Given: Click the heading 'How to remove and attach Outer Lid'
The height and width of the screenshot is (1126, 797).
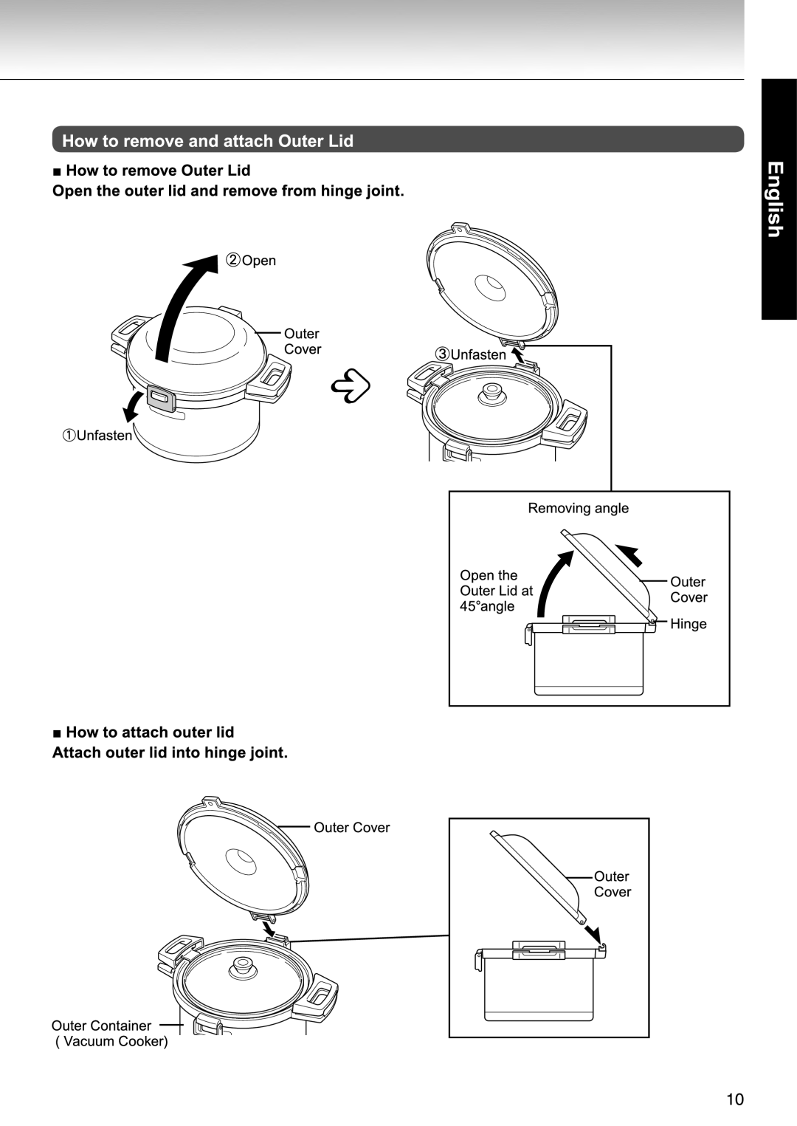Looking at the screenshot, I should pyautogui.click(x=207, y=140).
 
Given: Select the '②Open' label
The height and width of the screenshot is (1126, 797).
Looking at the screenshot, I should pyautogui.click(x=251, y=261).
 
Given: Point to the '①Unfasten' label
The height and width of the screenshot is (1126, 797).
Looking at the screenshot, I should pyautogui.click(x=97, y=436).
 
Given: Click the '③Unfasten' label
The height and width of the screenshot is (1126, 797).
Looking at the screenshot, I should pyautogui.click(x=471, y=354).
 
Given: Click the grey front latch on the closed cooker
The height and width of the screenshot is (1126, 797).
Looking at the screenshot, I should pyautogui.click(x=159, y=397).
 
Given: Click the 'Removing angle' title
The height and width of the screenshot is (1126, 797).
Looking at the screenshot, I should pyautogui.click(x=579, y=508).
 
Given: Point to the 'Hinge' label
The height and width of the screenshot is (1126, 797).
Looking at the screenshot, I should pyautogui.click(x=689, y=624).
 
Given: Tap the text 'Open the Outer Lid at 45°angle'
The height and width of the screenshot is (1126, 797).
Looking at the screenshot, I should pyautogui.click(x=496, y=591).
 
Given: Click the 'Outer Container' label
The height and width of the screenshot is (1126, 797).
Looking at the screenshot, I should pyautogui.click(x=101, y=1026).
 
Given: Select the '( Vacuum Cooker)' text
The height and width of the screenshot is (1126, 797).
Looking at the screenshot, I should pyautogui.click(x=111, y=1042).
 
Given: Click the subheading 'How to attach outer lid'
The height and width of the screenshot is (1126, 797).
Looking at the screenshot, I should pyautogui.click(x=150, y=732).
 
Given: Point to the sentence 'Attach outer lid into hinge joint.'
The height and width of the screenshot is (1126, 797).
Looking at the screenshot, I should pyautogui.click(x=170, y=753).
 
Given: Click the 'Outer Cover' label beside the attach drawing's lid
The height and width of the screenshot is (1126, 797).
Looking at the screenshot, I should pyautogui.click(x=352, y=828).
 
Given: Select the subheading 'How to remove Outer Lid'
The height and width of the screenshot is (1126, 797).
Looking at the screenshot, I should pyautogui.click(x=158, y=171).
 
